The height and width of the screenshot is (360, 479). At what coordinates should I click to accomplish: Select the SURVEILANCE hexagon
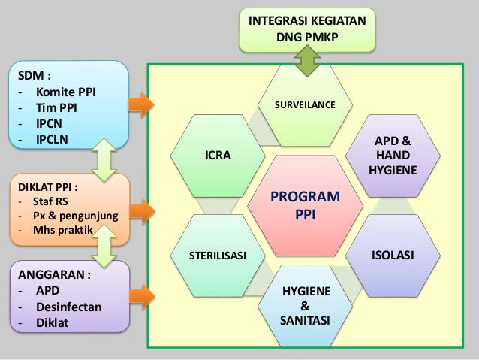(x=305, y=106)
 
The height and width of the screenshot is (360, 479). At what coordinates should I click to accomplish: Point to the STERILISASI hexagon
(x=217, y=256)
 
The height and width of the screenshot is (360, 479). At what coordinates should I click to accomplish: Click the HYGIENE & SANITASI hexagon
(x=304, y=304)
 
